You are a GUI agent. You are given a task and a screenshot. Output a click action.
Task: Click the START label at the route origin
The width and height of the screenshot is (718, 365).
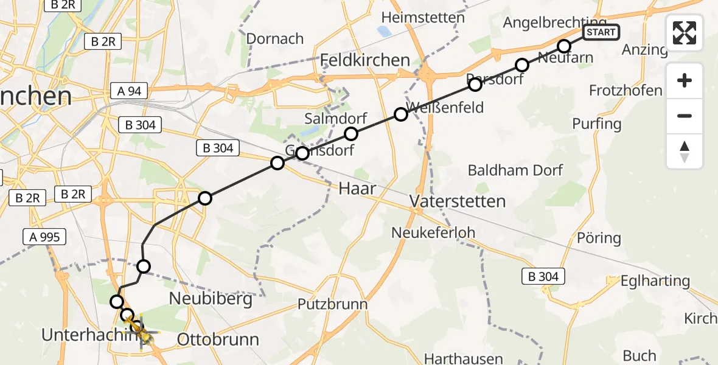pyautogui.click(x=601, y=32)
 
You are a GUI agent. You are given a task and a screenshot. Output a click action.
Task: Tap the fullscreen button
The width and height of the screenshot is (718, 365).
pyautogui.click(x=685, y=33)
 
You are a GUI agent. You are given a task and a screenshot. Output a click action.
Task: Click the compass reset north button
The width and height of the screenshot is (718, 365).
pyautogui.click(x=685, y=151)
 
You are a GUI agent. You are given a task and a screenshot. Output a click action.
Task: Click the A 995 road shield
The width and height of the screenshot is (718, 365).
pyautogui.click(x=44, y=237)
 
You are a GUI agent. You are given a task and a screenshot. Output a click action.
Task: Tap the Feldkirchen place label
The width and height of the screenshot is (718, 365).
pyautogui.click(x=365, y=60)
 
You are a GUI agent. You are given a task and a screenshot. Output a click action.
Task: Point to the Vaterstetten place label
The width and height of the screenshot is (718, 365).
pyautogui.click(x=458, y=201)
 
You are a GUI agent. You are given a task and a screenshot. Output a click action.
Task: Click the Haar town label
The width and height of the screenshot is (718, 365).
pyautogui.click(x=357, y=189)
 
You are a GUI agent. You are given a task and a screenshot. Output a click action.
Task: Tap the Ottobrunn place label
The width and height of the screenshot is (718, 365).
pyautogui.click(x=218, y=339)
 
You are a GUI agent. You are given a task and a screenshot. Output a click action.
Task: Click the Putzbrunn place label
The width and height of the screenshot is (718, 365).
pyautogui.click(x=332, y=304)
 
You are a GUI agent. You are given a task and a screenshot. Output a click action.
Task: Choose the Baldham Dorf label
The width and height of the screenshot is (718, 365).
pyautogui.click(x=515, y=170)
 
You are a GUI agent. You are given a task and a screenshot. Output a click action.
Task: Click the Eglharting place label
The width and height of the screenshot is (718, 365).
pyautogui.click(x=646, y=281)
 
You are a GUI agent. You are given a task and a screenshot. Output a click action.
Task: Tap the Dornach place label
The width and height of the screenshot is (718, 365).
pyautogui.click(x=274, y=38)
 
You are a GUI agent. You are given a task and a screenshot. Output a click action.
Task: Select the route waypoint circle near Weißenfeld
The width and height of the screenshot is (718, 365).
pyautogui.click(x=400, y=114)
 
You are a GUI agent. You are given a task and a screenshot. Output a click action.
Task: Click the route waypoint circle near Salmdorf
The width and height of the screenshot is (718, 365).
pyautogui.click(x=351, y=134)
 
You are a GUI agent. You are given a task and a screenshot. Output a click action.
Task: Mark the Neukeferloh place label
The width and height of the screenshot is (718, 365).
pyautogui.click(x=433, y=232)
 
